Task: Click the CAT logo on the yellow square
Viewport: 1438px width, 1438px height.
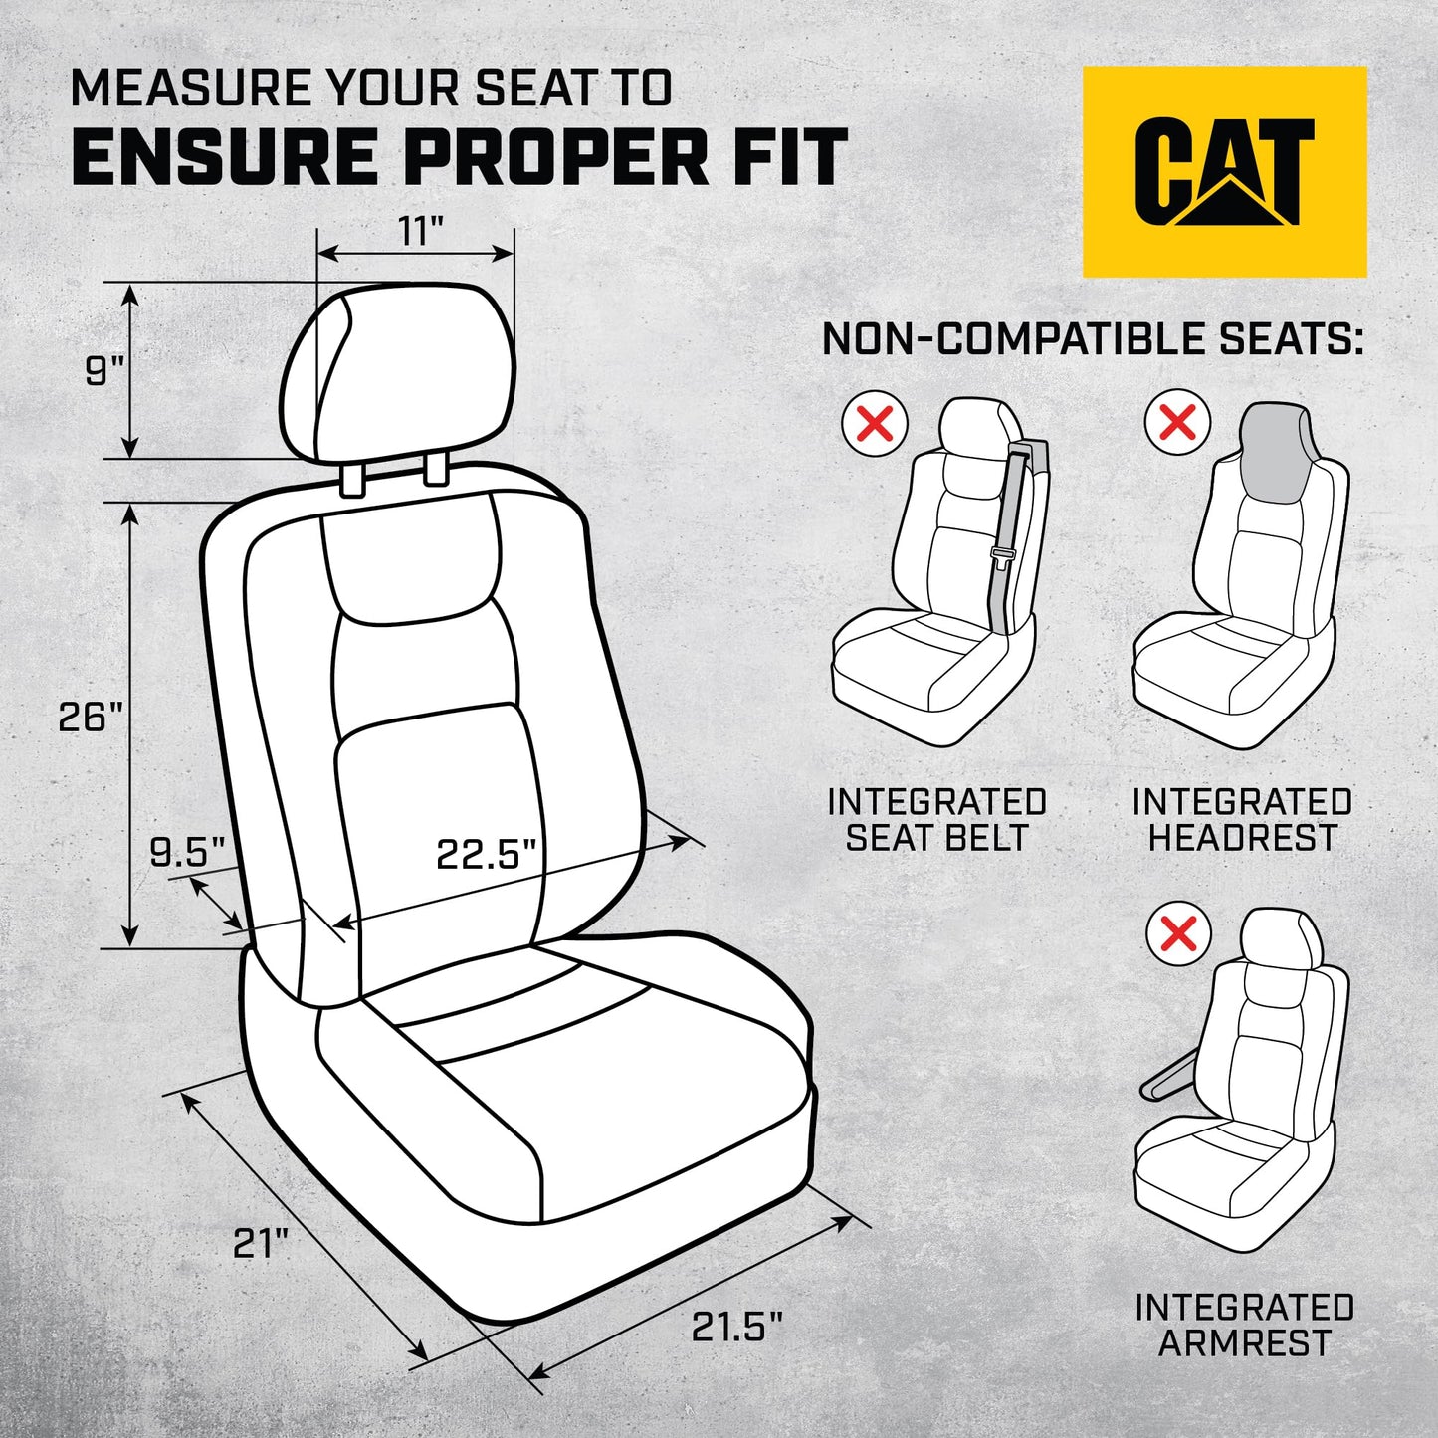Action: pyautogui.click(x=1224, y=171)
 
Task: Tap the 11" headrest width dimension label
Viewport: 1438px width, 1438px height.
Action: pyautogui.click(x=420, y=231)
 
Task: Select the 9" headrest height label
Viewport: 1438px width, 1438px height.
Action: pyautogui.click(x=103, y=371)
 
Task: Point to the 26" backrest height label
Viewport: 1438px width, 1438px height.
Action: pyautogui.click(x=90, y=717)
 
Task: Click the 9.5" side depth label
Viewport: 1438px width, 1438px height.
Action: pyautogui.click(x=187, y=853)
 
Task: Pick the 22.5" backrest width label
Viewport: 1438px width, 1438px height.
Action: pyautogui.click(x=486, y=854)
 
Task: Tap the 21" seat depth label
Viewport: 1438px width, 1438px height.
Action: pyautogui.click(x=260, y=1243)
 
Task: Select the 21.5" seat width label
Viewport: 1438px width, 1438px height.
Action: pyautogui.click(x=736, y=1327)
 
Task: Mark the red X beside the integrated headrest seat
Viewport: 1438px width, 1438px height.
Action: pyautogui.click(x=1177, y=423)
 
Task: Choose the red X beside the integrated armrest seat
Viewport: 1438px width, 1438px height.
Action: pyautogui.click(x=1178, y=934)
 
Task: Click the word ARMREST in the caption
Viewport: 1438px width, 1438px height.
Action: pyautogui.click(x=1244, y=1343)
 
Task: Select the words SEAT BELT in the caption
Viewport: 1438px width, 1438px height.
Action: pyautogui.click(x=936, y=838)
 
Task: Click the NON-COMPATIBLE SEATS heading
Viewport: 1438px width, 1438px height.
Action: pyautogui.click(x=1092, y=339)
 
